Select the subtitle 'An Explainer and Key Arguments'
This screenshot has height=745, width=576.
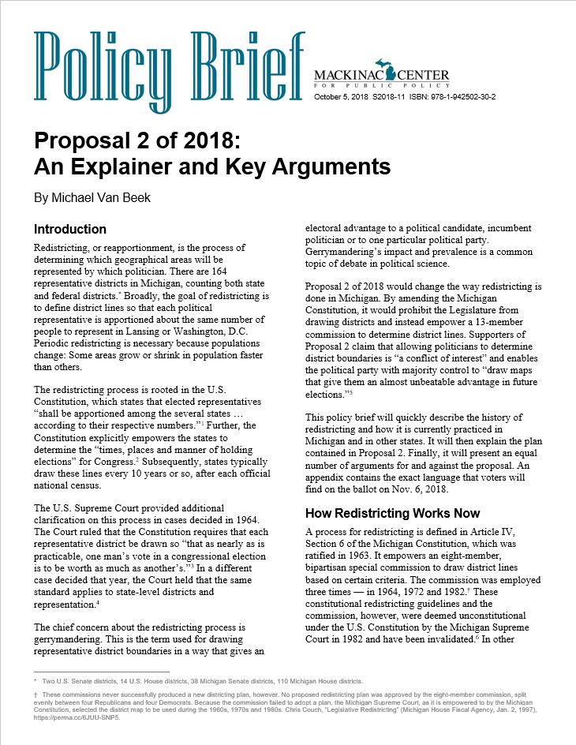[211, 167]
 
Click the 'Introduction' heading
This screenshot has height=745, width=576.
[69, 230]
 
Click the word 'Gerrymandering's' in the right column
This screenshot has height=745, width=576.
[343, 252]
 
